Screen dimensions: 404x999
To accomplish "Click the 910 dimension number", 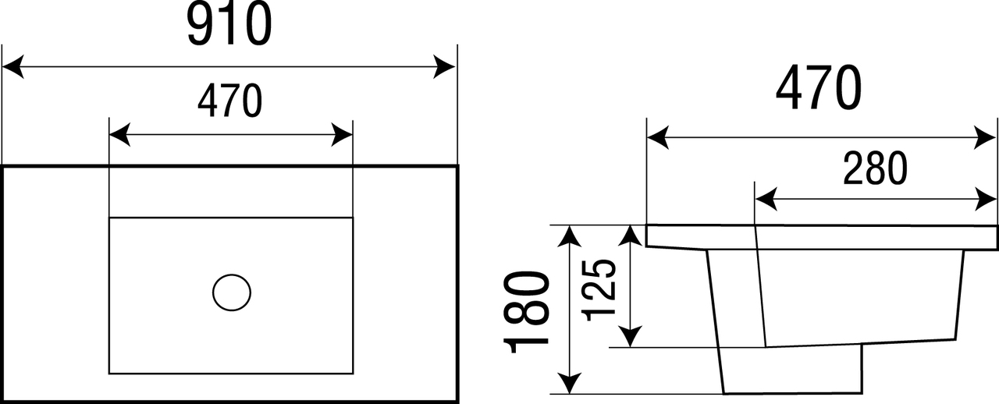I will [229, 25].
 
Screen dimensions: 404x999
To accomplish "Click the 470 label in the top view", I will [229, 101].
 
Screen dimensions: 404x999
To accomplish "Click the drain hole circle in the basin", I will [232, 292].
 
